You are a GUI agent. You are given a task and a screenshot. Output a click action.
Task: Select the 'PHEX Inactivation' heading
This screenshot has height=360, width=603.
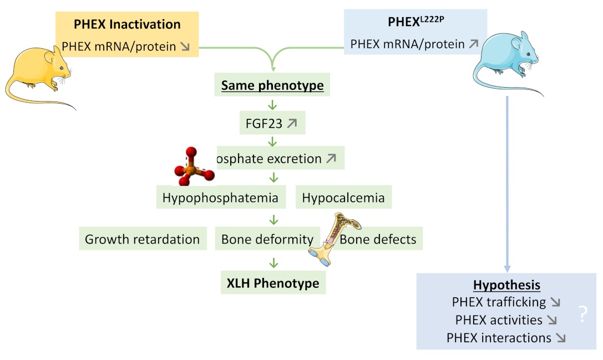point(127,24)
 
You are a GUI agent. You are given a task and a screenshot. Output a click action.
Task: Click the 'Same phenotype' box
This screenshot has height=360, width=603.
point(272,86)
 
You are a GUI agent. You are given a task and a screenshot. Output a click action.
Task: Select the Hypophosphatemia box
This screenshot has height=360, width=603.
point(220,197)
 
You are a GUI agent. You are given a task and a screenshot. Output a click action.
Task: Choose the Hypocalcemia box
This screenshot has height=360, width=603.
point(344,197)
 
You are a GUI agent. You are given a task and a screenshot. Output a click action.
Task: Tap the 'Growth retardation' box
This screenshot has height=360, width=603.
point(142,239)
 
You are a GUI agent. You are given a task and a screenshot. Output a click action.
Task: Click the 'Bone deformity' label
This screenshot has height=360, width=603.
point(267,239)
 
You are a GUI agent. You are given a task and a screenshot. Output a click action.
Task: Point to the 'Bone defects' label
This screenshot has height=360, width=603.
point(378,239)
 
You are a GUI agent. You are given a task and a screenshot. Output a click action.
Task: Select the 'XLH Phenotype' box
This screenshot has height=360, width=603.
point(273,283)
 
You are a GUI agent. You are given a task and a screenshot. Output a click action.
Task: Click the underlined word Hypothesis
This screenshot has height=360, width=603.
point(506,285)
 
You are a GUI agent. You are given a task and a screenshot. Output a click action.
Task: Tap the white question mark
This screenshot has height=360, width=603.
point(582,315)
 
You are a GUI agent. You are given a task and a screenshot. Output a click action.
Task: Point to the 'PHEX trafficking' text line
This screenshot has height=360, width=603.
point(499,302)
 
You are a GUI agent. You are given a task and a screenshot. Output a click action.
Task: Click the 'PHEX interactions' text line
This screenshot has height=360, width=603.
point(499,337)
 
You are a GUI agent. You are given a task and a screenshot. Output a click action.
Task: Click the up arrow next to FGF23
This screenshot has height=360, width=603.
point(292,124)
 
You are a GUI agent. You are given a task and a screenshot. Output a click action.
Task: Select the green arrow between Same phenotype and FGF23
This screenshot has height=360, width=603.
point(272,105)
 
